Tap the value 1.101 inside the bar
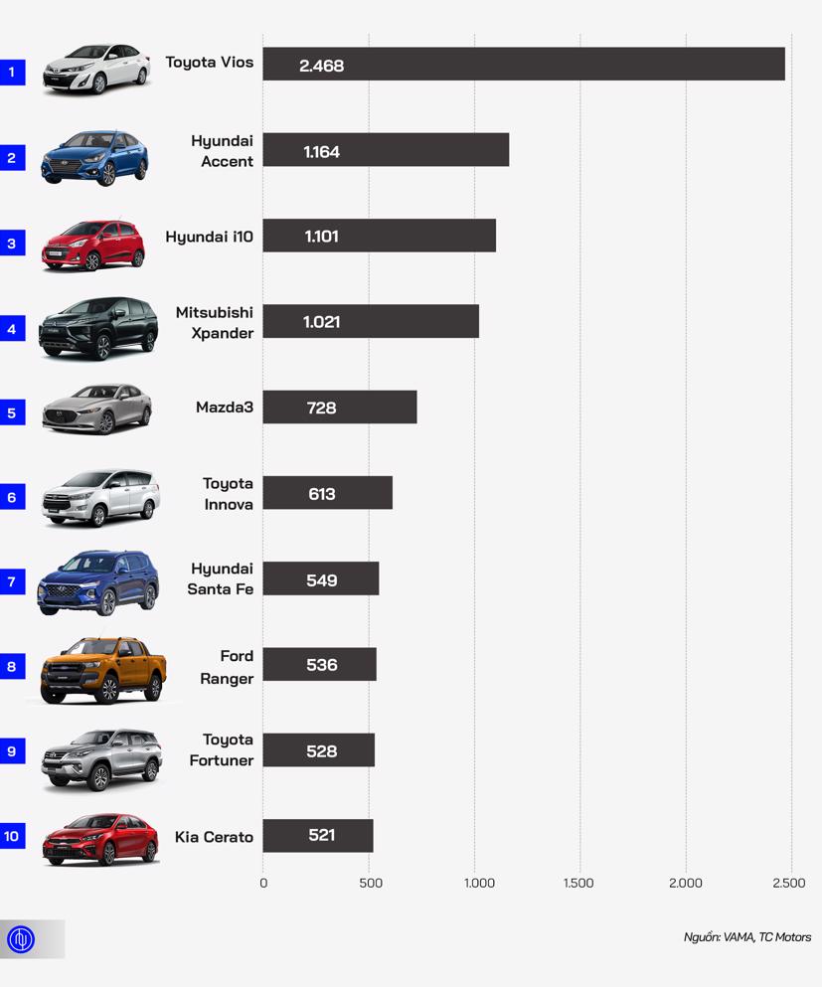click(x=321, y=237)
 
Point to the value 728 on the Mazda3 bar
click(x=321, y=408)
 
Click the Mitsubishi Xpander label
click(x=215, y=322)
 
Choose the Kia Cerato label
click(x=214, y=837)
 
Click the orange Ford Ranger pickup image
click(x=102, y=669)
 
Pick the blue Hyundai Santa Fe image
click(x=97, y=582)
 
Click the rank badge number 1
click(x=12, y=72)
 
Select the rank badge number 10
click(x=12, y=836)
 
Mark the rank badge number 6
click(x=12, y=497)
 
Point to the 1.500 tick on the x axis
click(x=578, y=884)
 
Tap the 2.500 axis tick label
click(x=789, y=884)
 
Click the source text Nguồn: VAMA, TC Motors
click(x=746, y=937)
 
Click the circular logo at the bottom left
click(x=21, y=939)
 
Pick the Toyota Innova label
click(x=228, y=494)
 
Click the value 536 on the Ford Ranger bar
click(x=321, y=665)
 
